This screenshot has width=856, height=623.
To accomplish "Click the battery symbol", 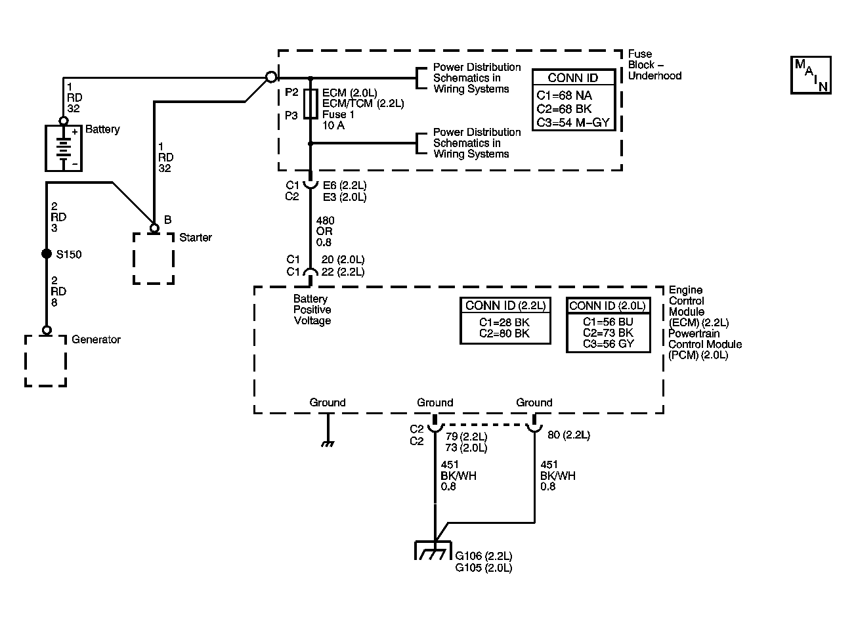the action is click(64, 148).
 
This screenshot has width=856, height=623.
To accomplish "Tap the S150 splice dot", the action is click(47, 254).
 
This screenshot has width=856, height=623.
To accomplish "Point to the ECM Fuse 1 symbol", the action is click(310, 104).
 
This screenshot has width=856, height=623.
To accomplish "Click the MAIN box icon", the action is click(811, 75).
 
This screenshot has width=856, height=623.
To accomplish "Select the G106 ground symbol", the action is click(433, 550).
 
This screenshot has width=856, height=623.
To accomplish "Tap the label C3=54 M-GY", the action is click(573, 123).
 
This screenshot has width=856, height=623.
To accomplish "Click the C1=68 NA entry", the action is click(564, 95).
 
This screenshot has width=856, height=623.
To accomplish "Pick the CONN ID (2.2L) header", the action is click(505, 306).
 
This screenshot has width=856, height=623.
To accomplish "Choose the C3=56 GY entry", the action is click(608, 344).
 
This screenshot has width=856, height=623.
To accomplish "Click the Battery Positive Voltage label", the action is click(312, 310).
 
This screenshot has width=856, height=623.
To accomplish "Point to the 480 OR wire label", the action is click(324, 226).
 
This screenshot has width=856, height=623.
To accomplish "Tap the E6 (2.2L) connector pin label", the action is click(345, 185).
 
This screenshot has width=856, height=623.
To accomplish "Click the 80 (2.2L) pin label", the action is click(568, 435).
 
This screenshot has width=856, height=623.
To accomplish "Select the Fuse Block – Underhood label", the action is click(654, 64).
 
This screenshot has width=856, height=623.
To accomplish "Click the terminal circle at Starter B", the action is click(154, 228).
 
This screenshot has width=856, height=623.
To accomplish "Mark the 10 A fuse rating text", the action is click(333, 125).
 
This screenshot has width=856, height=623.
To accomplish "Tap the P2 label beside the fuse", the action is click(291, 92).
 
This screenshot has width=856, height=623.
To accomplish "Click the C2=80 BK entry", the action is click(504, 333).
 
